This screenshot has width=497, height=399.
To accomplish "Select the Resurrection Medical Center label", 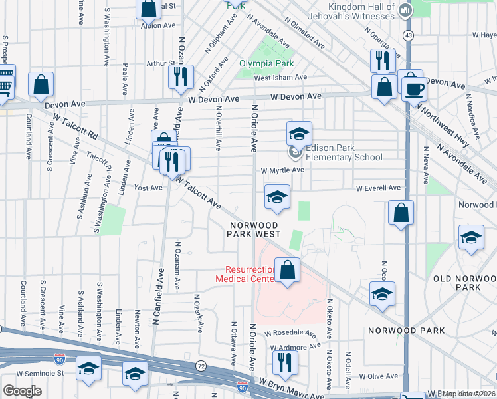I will coord(245,274).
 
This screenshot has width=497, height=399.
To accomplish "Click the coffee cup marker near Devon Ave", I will coord(415,88).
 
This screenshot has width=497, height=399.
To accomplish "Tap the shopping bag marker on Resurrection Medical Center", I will coord(287,270).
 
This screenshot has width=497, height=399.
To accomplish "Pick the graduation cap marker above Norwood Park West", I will coord(277,197).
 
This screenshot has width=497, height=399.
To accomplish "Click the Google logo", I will coord(22,390).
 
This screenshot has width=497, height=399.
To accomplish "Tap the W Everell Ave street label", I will coord(378,188).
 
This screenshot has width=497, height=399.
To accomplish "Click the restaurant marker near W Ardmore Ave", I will coord(286,362).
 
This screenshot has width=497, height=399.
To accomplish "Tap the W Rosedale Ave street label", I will coord(290,332).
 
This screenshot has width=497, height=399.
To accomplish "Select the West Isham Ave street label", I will coord(280,77).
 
